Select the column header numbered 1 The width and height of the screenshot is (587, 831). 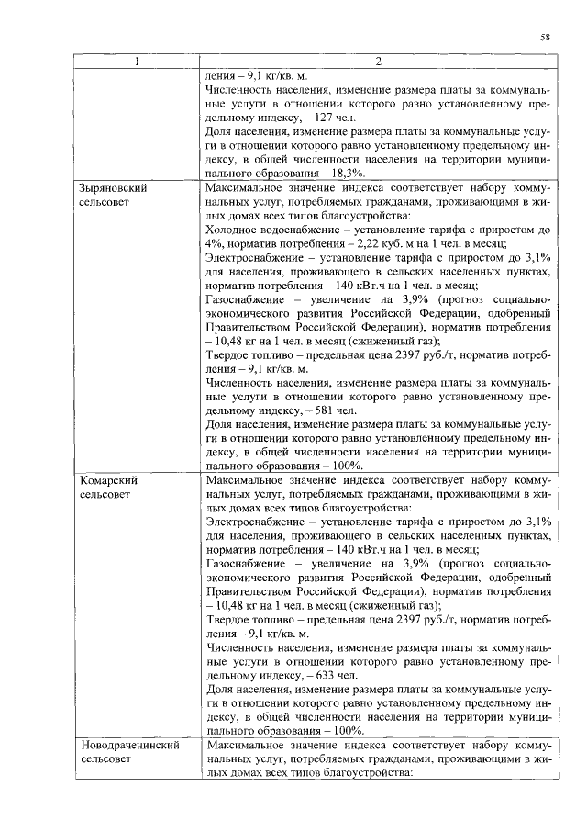137,62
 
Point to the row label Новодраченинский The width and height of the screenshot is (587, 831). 128,746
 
